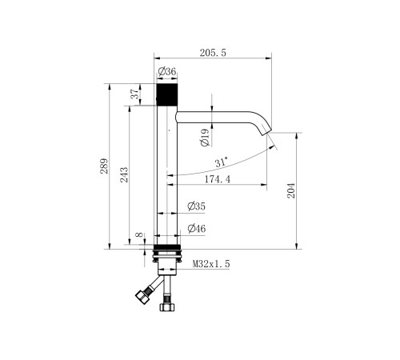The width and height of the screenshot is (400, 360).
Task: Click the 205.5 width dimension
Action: (x=213, y=53)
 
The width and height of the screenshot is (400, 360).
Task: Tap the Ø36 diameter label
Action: (x=167, y=71)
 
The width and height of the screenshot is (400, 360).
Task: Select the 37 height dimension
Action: (x=135, y=94)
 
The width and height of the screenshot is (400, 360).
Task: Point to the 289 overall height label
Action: (x=104, y=166)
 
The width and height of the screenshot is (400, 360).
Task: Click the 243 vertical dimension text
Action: (x=124, y=175)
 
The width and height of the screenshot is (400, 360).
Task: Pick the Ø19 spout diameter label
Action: (x=206, y=138)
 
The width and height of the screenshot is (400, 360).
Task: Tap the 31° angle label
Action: (x=222, y=162)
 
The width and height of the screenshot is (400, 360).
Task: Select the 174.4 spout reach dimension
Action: (x=218, y=179)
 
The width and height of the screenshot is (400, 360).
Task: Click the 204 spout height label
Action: (x=291, y=190)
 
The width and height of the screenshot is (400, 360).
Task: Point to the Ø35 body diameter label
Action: (x=197, y=206)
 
